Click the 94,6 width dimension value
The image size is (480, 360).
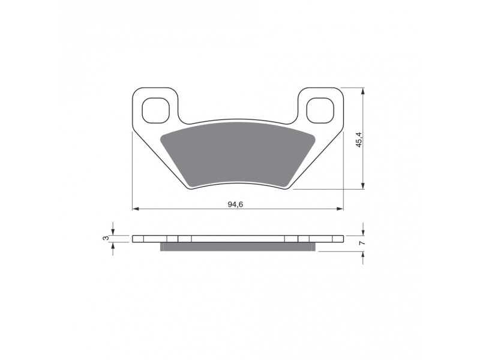(x=235, y=205)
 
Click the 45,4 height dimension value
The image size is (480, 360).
(x=359, y=139)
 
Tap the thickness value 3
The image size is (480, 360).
(x=106, y=238)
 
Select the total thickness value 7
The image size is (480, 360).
(x=362, y=243)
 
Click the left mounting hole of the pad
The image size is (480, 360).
(x=156, y=110)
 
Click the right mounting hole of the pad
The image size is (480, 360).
(x=320, y=110)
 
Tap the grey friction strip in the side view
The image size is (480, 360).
(x=238, y=247)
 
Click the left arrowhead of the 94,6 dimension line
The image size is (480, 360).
(x=136, y=209)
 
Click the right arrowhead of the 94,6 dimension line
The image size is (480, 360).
(x=340, y=209)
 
